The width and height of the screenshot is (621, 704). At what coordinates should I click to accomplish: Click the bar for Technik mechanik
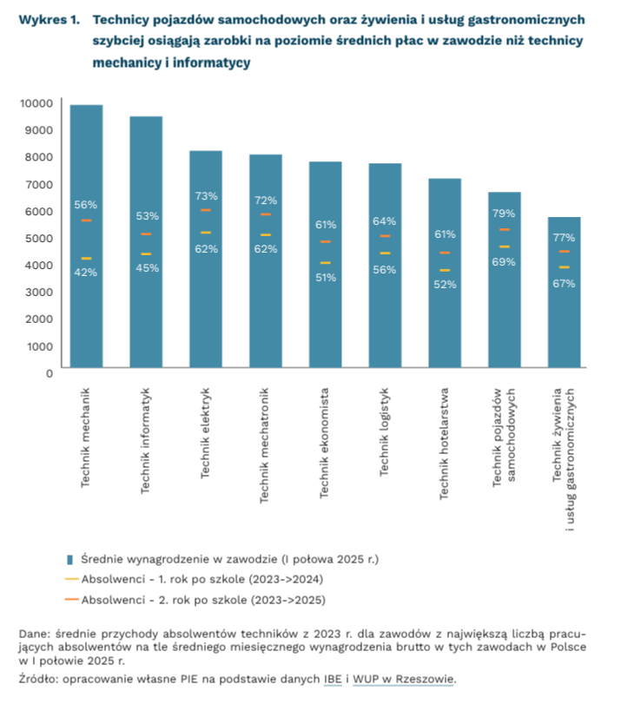click(x=86, y=304)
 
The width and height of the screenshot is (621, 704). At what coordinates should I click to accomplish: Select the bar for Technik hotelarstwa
click(x=445, y=330)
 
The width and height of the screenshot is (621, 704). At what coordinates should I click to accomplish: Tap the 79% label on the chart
click(x=504, y=214)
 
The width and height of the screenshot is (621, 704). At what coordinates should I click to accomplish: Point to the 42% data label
click(x=86, y=273)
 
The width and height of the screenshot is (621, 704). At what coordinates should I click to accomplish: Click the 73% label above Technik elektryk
click(x=206, y=196)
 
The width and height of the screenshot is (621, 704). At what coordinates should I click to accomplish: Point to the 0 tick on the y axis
click(x=50, y=373)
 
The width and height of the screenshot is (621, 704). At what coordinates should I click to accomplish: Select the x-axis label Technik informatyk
click(x=146, y=441)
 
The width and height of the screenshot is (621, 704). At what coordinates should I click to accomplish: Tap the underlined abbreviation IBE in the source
click(x=332, y=680)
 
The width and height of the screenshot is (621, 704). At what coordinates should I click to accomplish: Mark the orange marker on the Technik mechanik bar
click(x=86, y=221)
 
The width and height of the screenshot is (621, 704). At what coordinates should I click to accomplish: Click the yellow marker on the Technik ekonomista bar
click(x=325, y=263)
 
